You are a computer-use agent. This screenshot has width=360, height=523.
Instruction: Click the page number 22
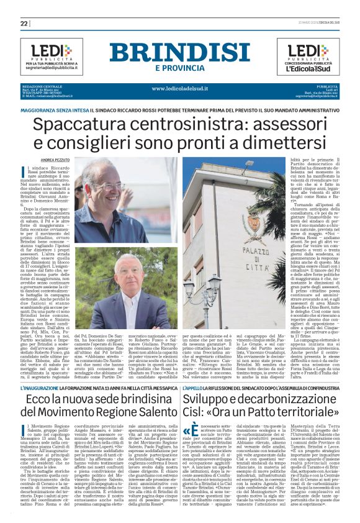pyautogui.click(x=24, y=23)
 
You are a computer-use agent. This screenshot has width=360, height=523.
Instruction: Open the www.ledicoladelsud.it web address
pyautogui.click(x=181, y=88)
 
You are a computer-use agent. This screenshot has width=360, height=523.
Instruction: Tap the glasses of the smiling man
pyautogui.click(x=110, y=186)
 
